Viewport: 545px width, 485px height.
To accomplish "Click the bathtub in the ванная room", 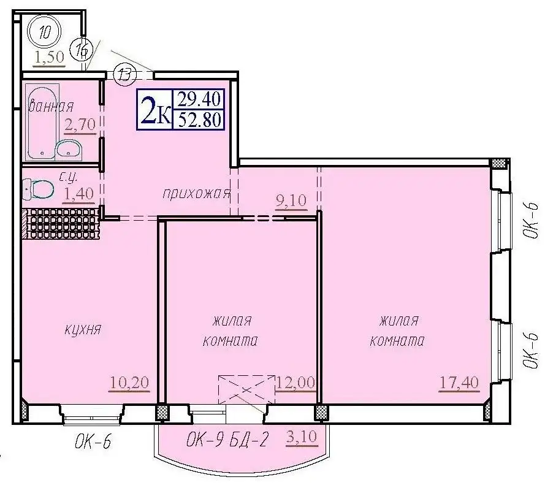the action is coord(42,121).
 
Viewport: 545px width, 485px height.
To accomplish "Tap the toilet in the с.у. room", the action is coord(38,189).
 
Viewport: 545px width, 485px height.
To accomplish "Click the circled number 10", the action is coord(45,32).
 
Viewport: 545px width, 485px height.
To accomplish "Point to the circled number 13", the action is coord(124,74).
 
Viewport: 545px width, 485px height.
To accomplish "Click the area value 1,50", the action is coord(50,56).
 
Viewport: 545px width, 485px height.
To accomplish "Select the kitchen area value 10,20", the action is coord(129,383).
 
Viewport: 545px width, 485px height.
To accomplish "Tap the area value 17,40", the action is coord(459,383).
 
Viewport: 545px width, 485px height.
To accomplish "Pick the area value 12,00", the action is coord(295,383).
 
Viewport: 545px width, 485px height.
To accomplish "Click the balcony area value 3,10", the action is coord(302,436).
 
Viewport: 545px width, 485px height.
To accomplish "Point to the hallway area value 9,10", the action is coord(291,200).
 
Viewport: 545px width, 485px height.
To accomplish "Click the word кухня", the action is coord(83,329).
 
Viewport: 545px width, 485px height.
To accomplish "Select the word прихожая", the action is coord(197,193).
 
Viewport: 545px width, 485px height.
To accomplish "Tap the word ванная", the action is coord(51,105).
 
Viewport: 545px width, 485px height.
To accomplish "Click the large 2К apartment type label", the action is coord(156,110).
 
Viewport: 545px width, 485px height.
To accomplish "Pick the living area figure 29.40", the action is coord(199,99).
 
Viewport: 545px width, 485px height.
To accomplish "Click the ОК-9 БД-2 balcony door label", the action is coord(227,439).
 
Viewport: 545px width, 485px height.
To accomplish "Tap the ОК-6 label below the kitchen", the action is coord(93,442).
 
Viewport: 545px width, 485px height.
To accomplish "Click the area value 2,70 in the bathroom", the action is coord(80,124).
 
